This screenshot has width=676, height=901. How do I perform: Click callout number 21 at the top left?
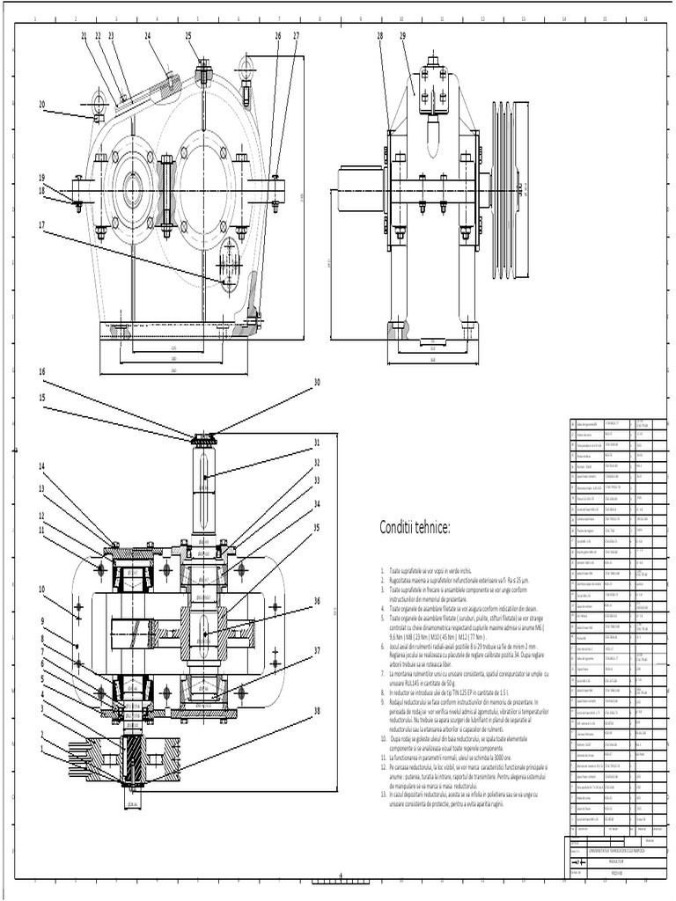click(x=84, y=36)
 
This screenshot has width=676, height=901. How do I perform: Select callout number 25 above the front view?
click(x=188, y=36)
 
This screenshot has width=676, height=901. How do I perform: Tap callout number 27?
click(x=296, y=36)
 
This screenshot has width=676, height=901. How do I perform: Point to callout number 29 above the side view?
click(x=402, y=36)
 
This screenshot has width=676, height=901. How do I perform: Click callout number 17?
click(x=41, y=224)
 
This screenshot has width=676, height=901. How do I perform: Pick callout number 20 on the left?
click(x=41, y=104)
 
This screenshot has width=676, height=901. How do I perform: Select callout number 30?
click(x=317, y=382)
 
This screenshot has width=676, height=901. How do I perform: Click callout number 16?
click(x=41, y=371)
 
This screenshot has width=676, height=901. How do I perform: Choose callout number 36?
click(x=317, y=602)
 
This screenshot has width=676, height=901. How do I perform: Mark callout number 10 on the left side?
click(x=41, y=589)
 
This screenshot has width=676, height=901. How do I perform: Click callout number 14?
click(x=41, y=466)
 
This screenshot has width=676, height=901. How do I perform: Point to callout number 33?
click(x=317, y=481)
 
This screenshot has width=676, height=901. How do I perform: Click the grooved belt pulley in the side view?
click(x=511, y=189)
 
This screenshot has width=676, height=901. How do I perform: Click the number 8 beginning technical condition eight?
click(x=383, y=693)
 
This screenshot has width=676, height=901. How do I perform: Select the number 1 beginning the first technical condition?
click(x=383, y=570)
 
